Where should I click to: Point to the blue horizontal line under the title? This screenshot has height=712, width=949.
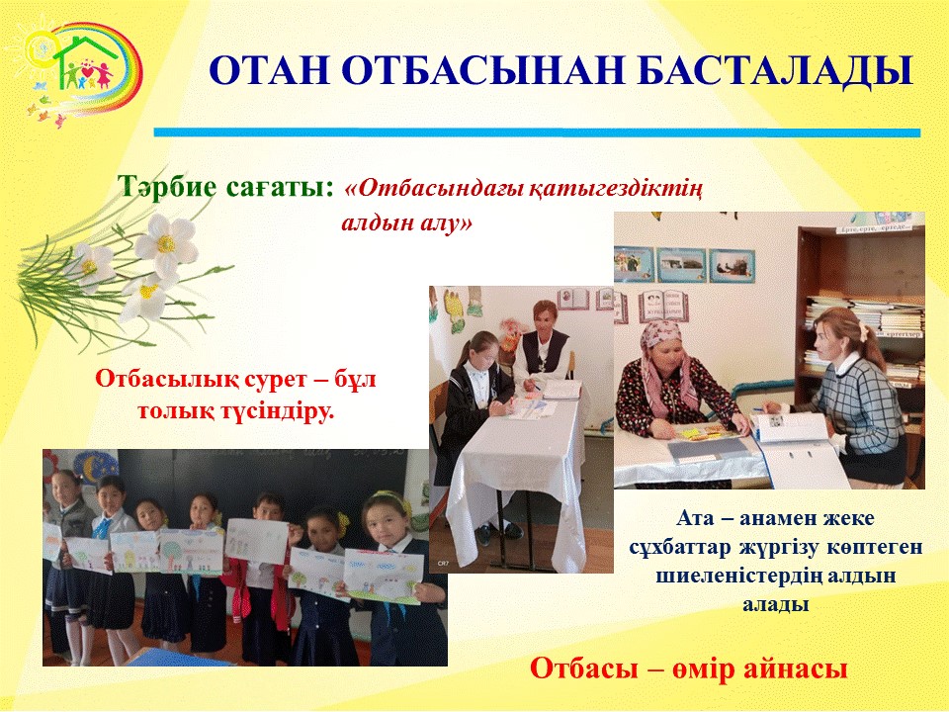click(x=537, y=133)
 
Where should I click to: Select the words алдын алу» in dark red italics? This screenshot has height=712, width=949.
click(x=406, y=223)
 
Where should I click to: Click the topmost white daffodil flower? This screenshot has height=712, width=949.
click(x=165, y=243)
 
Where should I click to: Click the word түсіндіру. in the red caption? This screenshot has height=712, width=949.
click(x=280, y=411)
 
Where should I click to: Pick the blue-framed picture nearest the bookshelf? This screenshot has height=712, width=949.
click(x=732, y=265)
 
